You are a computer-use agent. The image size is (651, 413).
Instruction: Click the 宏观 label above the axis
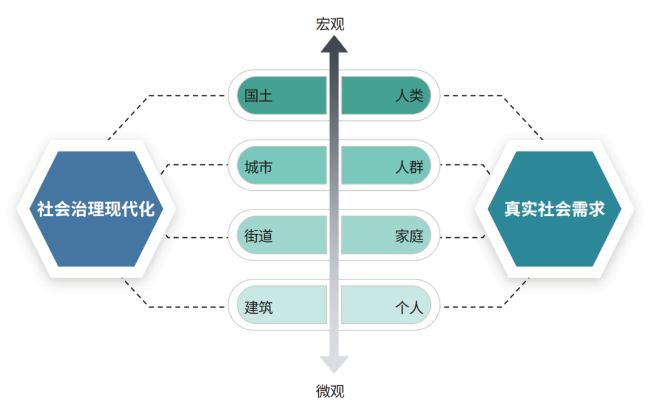tap(330, 24)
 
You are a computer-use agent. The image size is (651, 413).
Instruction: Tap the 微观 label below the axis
tap(330, 391)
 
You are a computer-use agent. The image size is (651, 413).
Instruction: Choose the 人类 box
tap(386, 95)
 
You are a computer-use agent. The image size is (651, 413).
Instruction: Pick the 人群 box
tap(386, 166)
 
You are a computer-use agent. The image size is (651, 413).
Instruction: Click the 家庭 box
tap(386, 235)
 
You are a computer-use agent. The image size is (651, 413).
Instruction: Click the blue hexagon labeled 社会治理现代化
tap(96, 209)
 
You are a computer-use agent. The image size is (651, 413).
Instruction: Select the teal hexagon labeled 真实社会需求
tap(554, 209)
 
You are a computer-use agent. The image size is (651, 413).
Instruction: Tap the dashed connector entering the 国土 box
tap(187, 95)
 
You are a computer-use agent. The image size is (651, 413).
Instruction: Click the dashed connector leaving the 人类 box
tap(476, 95)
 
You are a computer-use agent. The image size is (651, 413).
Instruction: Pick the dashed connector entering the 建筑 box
tap(187, 307)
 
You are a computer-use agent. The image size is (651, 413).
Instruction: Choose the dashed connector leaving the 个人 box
tap(476, 307)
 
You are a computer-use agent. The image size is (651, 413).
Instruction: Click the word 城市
tap(259, 166)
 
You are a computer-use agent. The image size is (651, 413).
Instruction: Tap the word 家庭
tap(409, 236)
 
